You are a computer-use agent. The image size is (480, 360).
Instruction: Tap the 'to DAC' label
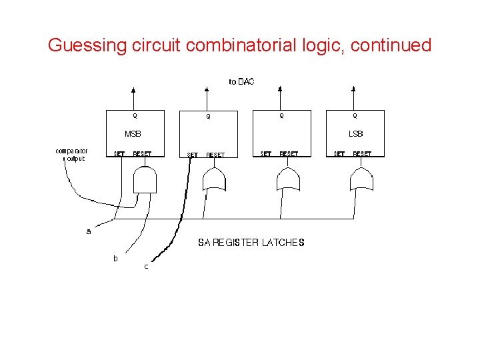(241, 82)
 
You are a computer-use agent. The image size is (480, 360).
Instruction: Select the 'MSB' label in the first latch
(133, 134)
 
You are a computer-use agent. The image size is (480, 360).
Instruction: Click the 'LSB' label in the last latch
(356, 134)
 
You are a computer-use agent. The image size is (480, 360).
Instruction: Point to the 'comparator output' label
(71, 155)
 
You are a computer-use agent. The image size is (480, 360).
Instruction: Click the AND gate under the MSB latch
(145, 179)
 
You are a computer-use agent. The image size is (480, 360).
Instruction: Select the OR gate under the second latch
(215, 179)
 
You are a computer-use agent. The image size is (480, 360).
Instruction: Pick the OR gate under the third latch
(288, 179)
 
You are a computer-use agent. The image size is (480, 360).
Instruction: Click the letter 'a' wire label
(89, 231)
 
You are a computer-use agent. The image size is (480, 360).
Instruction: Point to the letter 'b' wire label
(115, 258)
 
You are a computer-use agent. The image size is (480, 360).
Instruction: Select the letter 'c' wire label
(146, 267)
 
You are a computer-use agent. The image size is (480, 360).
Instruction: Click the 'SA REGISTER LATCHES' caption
(251, 243)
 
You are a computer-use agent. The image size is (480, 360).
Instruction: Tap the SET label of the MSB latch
(119, 154)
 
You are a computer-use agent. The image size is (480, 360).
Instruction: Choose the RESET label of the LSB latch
(362, 154)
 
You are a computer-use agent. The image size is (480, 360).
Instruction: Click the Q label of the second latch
(208, 117)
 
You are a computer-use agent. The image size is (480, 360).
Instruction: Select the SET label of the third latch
(265, 154)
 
